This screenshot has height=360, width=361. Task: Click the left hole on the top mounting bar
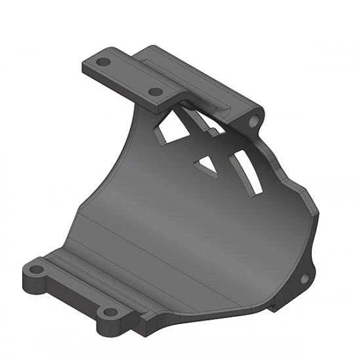pos(103,63)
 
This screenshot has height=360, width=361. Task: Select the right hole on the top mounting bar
pos(155,92)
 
